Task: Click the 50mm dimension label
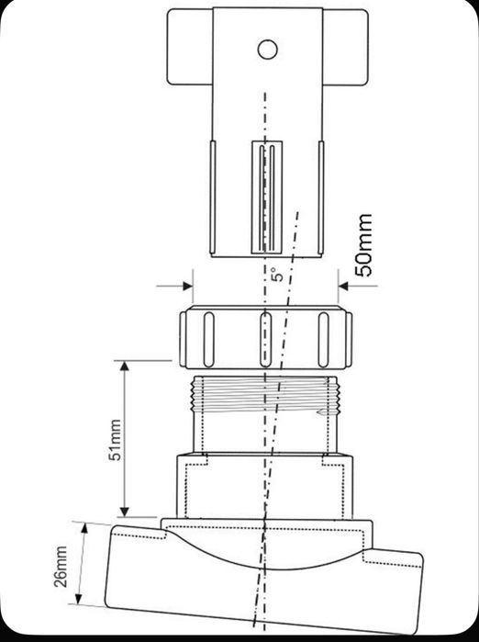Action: click(x=364, y=244)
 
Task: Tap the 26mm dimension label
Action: click(x=61, y=566)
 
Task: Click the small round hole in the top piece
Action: click(x=266, y=48)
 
